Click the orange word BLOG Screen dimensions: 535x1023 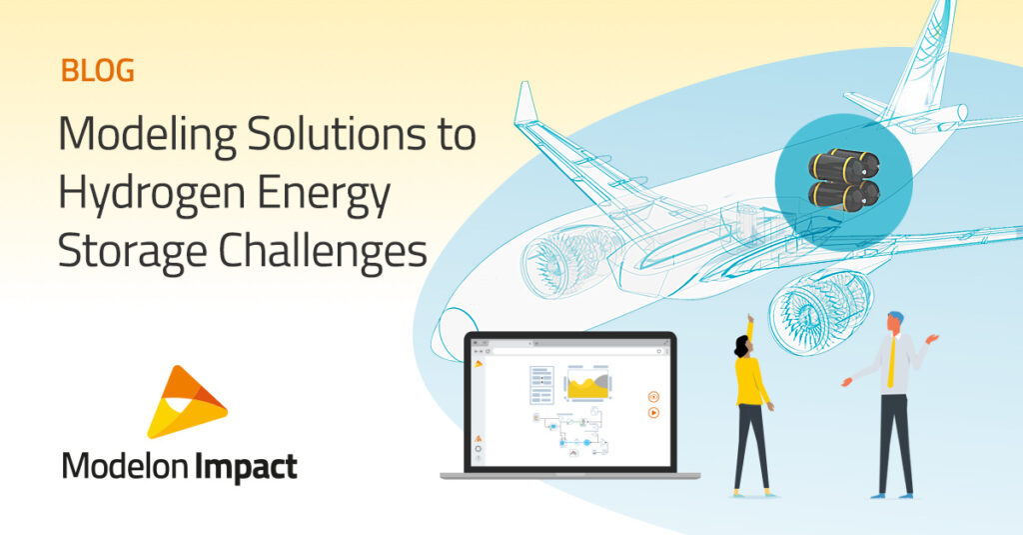pos(97,72)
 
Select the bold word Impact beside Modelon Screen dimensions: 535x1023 pos(245,467)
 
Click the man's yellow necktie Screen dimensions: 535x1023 pos(890,364)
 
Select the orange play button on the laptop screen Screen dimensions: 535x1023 pos(653,411)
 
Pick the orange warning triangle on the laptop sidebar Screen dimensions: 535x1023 pos(479,437)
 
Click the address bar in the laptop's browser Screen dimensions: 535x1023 pos(569,352)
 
